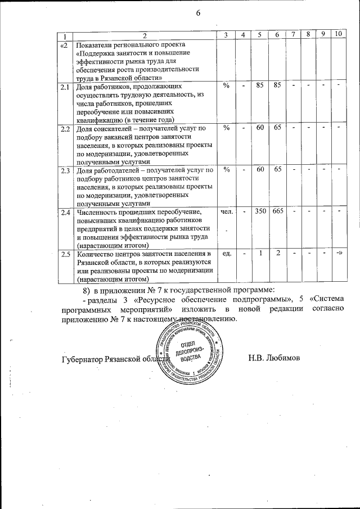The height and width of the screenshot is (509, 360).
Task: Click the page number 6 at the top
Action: (x=198, y=13)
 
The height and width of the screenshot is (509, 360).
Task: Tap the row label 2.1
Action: (x=65, y=87)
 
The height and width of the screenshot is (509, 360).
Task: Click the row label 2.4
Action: (x=65, y=213)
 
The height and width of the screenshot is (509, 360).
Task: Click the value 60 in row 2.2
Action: (x=260, y=128)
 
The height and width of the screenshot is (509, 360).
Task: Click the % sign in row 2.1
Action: (x=226, y=87)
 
